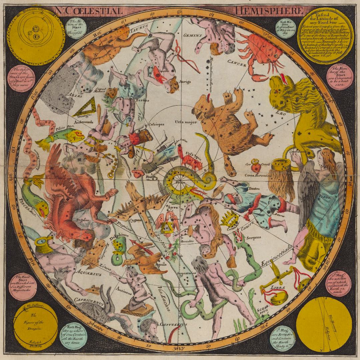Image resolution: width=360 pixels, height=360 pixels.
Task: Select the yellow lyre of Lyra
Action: (x=164, y=227)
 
